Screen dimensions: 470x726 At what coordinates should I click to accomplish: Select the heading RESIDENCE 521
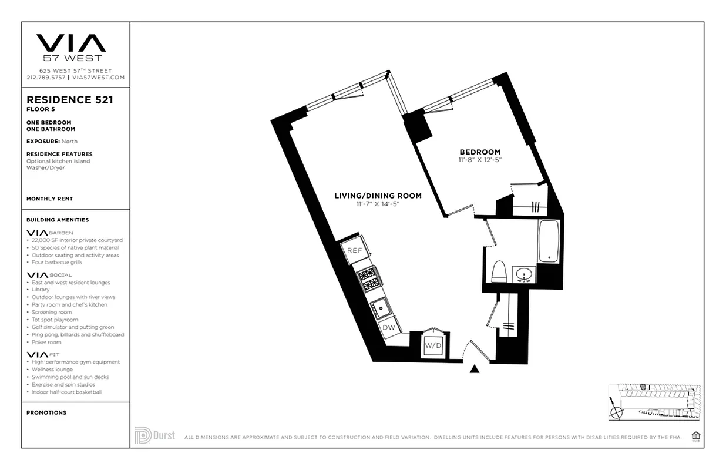click(x=69, y=100)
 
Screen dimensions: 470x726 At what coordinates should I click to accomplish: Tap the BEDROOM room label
click(x=480, y=152)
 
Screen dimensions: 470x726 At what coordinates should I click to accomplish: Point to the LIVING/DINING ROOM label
click(x=378, y=196)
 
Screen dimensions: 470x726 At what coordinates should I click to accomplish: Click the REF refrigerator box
click(x=354, y=250)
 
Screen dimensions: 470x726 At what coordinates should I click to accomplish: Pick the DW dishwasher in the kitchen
click(x=389, y=327)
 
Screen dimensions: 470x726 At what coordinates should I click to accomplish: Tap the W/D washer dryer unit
click(x=433, y=345)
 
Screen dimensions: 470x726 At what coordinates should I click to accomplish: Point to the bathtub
click(x=549, y=241)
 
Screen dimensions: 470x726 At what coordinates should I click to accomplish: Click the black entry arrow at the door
click(x=475, y=369)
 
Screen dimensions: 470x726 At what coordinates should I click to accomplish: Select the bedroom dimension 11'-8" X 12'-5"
click(x=480, y=160)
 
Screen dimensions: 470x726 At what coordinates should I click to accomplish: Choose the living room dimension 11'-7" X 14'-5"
click(x=378, y=204)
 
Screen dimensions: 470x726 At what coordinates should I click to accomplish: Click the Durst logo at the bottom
click(x=154, y=435)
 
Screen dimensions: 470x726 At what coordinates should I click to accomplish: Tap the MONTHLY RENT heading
click(x=49, y=199)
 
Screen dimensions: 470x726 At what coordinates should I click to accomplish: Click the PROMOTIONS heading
click(x=46, y=412)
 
